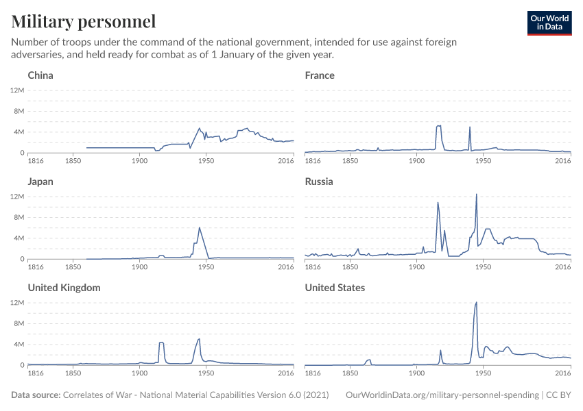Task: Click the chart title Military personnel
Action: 84,21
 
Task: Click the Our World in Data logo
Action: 549,23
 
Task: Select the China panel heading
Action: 40,75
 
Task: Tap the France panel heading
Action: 320,75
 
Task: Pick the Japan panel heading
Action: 40,182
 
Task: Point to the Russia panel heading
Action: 319,182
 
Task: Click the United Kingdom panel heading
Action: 64,288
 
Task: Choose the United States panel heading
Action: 335,288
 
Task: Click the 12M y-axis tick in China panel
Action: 18,90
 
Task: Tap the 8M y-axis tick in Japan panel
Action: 18,217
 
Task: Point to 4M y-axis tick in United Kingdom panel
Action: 18,344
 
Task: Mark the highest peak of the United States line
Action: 476,302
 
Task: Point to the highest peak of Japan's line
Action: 199,227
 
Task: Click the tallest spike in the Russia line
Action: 476,194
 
